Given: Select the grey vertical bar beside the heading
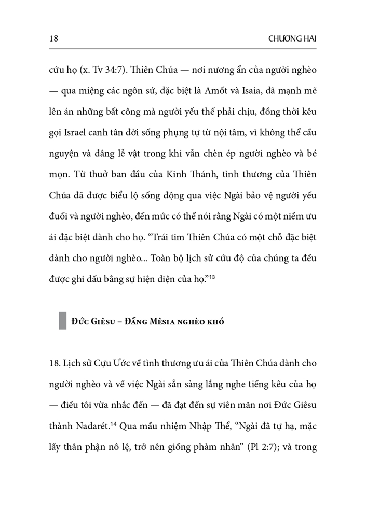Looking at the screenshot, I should point(63,319).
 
